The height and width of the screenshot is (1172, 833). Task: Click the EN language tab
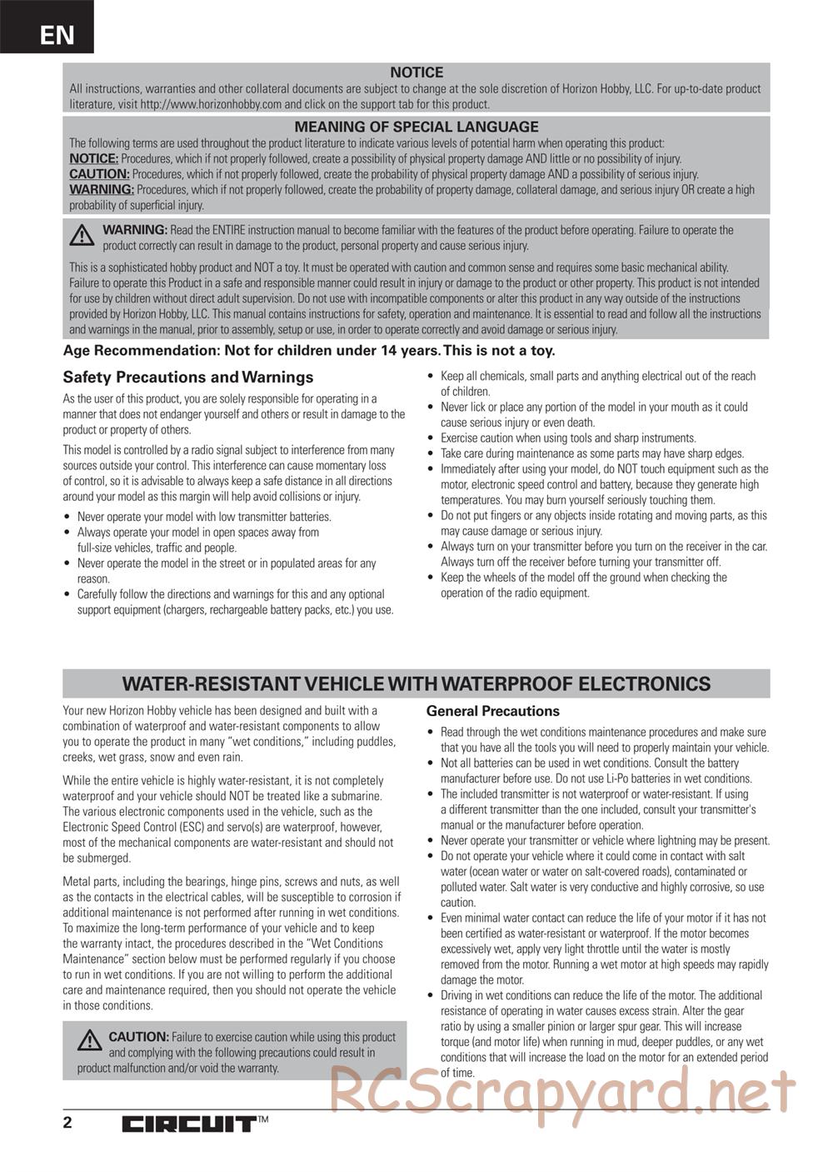click(56, 34)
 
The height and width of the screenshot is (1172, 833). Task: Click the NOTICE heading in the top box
click(416, 73)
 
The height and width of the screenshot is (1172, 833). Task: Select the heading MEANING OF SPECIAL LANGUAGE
click(416, 127)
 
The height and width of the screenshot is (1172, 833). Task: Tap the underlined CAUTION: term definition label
click(99, 174)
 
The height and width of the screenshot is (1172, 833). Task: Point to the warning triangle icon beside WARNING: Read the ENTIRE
click(82, 237)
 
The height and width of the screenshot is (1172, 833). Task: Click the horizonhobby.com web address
click(211, 104)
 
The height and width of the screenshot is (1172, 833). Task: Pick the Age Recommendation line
click(308, 350)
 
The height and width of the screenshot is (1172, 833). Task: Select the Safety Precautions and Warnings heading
click(188, 377)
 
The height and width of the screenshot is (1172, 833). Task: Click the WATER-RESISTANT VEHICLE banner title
click(416, 684)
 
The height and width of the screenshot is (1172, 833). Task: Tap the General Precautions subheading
click(493, 711)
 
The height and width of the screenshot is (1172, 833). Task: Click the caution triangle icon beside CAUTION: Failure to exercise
click(89, 1040)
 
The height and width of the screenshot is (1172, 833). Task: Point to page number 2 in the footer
click(67, 1122)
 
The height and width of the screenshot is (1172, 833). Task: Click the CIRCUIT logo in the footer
click(189, 1124)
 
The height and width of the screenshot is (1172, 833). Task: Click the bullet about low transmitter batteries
click(204, 517)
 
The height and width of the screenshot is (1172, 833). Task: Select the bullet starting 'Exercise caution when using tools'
click(568, 438)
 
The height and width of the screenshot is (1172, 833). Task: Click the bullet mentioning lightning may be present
click(605, 840)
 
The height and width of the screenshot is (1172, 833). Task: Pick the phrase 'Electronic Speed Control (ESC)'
click(129, 827)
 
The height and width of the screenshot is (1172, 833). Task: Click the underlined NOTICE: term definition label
click(93, 158)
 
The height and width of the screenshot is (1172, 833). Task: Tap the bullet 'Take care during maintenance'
click(591, 453)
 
